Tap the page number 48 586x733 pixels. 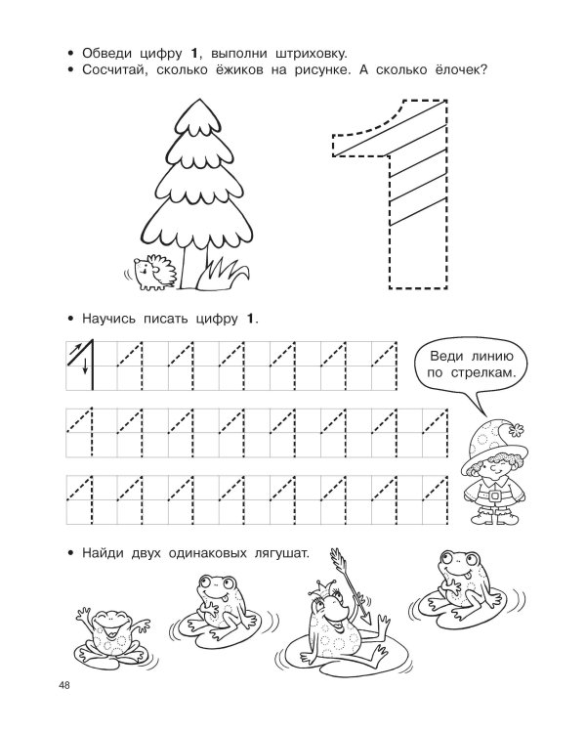click(x=64, y=685)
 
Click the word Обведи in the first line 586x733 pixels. click(x=107, y=54)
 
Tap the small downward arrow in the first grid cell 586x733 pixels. click(x=85, y=366)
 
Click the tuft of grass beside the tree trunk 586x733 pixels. click(x=223, y=276)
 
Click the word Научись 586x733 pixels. click(x=108, y=320)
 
